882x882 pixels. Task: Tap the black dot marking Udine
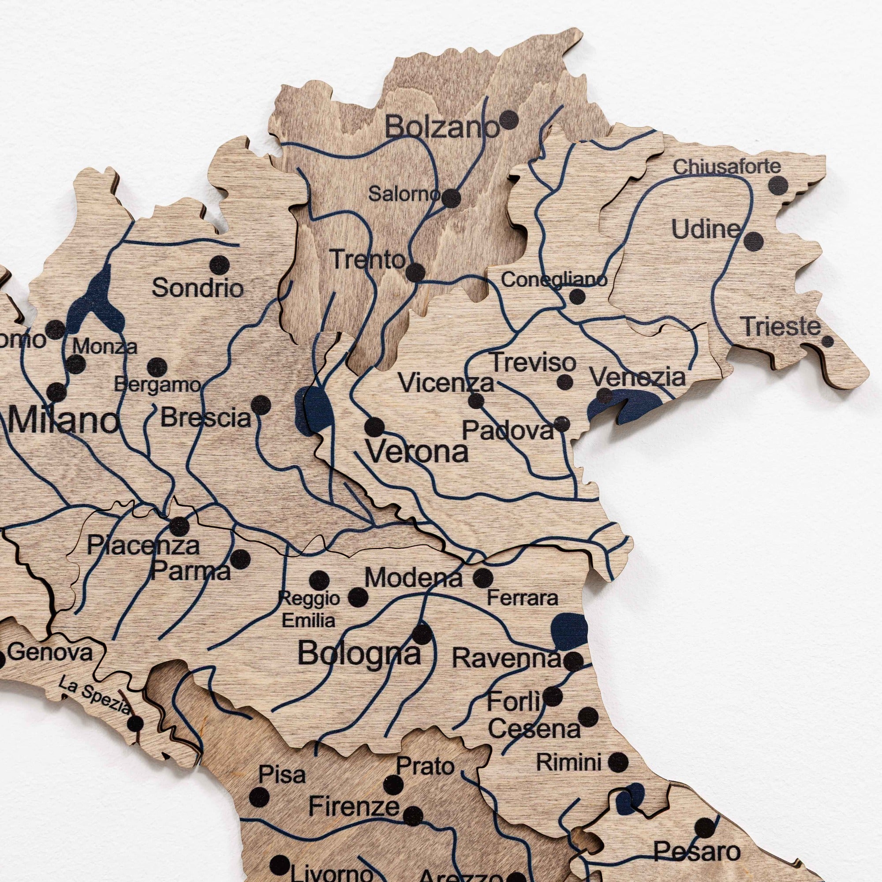753,241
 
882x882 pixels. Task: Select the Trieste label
780,326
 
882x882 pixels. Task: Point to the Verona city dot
374,427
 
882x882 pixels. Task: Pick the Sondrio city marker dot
220,265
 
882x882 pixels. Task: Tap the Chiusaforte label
727,167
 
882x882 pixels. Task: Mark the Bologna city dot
422,634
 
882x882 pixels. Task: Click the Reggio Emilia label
309,609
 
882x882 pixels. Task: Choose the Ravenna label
506,658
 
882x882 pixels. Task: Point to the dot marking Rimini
618,762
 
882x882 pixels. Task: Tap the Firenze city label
354,807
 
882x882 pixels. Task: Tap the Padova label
508,430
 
